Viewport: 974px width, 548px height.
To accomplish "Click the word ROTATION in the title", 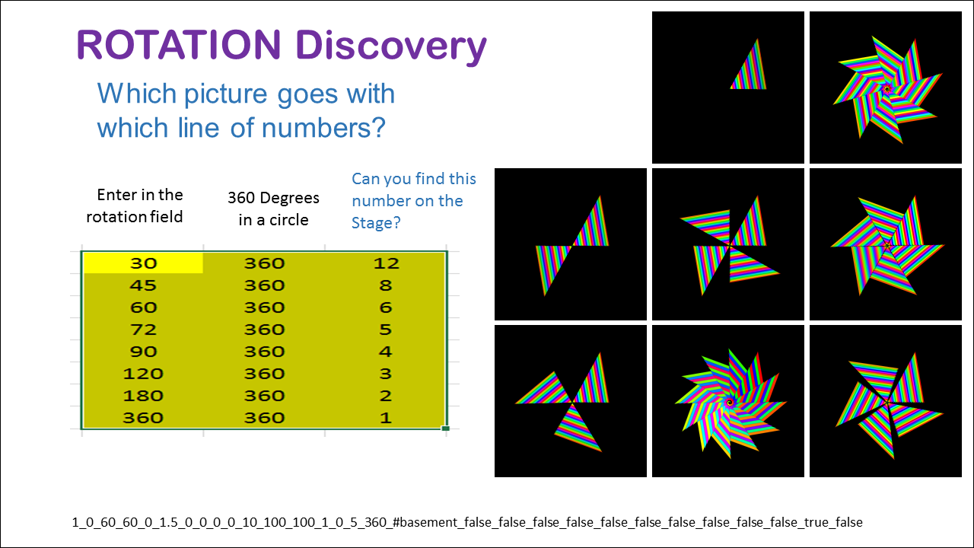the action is pyautogui.click(x=179, y=45).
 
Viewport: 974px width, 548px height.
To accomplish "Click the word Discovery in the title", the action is pyautogui.click(x=391, y=47).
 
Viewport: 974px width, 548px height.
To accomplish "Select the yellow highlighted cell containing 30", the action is pyautogui.click(x=143, y=263).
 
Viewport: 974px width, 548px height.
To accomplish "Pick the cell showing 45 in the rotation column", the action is pyautogui.click(x=143, y=285).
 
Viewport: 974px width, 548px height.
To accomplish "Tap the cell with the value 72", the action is pyautogui.click(x=143, y=330).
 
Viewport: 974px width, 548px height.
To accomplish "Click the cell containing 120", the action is pyautogui.click(x=143, y=374).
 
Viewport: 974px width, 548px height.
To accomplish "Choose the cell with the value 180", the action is pyautogui.click(x=143, y=396).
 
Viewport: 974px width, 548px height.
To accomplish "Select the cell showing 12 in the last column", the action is pyautogui.click(x=386, y=263).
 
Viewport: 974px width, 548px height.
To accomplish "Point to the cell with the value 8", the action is pyautogui.click(x=386, y=285).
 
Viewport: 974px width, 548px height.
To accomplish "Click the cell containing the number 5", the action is pyautogui.click(x=386, y=330).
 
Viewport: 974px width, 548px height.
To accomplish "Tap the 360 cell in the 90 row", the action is pyautogui.click(x=264, y=352).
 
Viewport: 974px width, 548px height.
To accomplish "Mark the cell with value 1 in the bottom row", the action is pyautogui.click(x=386, y=418).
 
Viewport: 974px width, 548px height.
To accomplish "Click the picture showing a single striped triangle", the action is pyautogui.click(x=728, y=88).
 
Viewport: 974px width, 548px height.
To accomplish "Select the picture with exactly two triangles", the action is pyautogui.click(x=571, y=244).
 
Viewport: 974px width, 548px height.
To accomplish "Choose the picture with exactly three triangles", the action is pyautogui.click(x=571, y=401).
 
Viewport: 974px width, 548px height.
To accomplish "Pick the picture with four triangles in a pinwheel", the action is pyautogui.click(x=728, y=244).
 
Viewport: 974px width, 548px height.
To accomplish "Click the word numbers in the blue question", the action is pyautogui.click(x=323, y=128).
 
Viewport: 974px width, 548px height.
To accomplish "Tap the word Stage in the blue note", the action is pyautogui.click(x=371, y=223).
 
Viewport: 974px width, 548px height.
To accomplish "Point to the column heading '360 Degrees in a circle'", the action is pyautogui.click(x=273, y=209).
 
